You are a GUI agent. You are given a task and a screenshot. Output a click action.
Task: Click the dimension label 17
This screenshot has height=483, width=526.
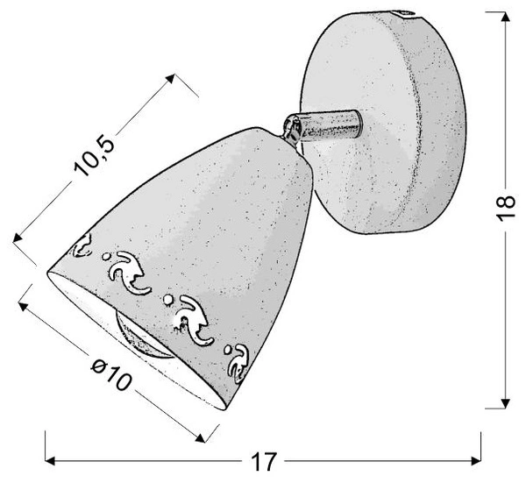[263, 462]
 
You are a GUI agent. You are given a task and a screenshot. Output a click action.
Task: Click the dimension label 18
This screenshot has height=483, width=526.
[506, 208]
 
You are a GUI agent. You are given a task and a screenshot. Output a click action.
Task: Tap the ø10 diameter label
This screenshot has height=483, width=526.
[110, 375]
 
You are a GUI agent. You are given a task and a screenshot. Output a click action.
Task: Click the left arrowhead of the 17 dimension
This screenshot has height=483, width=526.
[50, 461]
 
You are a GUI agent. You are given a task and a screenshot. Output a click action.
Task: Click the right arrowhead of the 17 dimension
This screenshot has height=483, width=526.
[476, 461]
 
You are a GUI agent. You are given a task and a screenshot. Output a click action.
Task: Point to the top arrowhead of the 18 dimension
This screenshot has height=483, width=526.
[505, 16]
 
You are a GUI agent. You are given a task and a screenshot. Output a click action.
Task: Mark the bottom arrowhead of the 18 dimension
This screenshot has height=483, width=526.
[505, 404]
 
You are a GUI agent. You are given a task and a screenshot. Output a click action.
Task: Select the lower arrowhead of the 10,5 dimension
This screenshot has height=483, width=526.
[18, 238]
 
